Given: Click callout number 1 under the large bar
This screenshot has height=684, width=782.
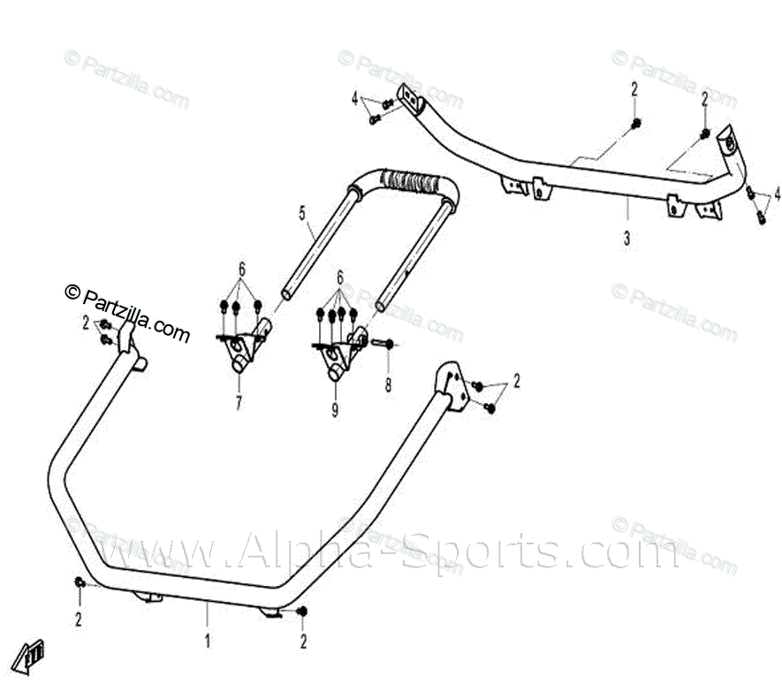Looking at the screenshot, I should tap(208, 642).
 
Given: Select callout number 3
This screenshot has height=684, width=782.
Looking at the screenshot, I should tap(626, 238).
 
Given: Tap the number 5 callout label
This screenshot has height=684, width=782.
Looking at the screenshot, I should tap(301, 212).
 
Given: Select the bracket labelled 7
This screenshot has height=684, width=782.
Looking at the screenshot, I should tap(243, 349).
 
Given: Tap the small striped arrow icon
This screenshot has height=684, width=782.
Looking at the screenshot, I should tap(34, 652).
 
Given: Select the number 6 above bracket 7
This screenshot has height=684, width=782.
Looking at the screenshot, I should tap(240, 270).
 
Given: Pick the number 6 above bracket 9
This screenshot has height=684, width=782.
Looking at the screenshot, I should tap(340, 277).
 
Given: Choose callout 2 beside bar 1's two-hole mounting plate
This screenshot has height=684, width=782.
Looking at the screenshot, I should tap(517, 381).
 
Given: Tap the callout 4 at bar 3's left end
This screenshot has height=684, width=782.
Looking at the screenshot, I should tap(354, 98).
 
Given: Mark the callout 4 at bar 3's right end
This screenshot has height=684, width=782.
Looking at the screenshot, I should tap(778, 193).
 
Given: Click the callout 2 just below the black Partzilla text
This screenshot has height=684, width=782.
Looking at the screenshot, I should tap(86, 323).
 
